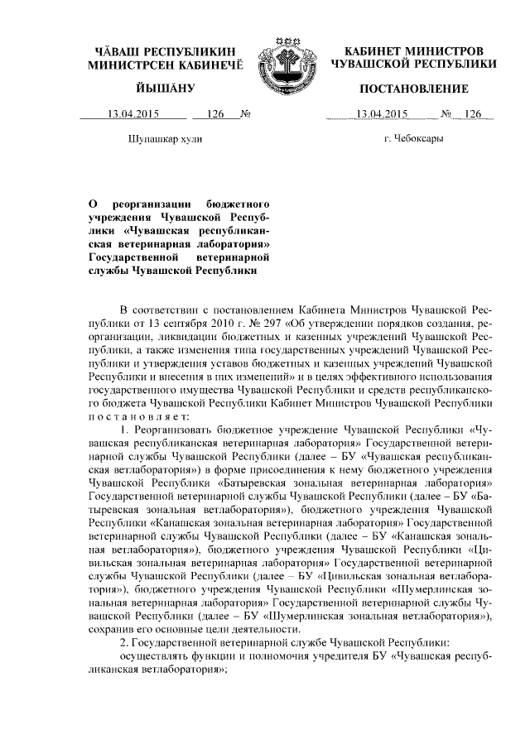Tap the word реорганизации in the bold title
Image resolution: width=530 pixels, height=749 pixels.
[x=150, y=203]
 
